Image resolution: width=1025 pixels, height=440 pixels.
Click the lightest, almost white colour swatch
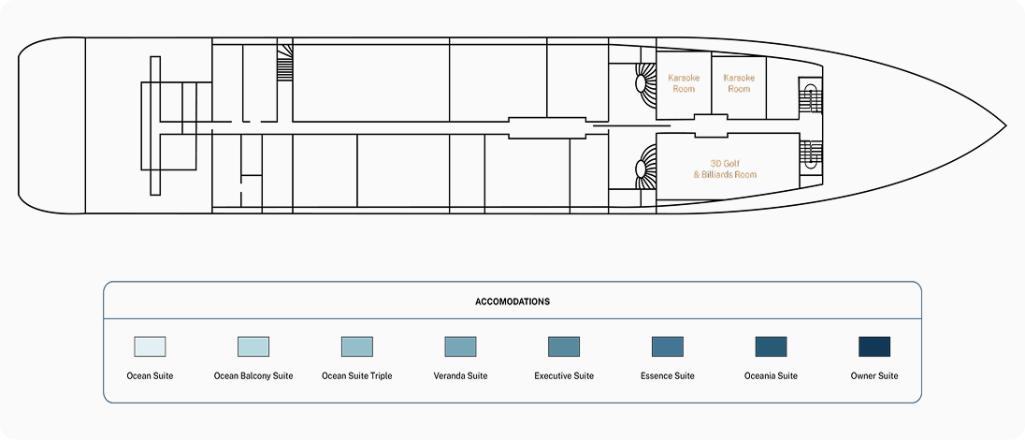[x=150, y=346]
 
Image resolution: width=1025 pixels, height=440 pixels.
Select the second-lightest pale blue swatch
[x=253, y=346]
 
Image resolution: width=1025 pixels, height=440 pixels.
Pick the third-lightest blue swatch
[x=357, y=346]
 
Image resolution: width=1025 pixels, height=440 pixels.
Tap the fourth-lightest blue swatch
[x=460, y=346]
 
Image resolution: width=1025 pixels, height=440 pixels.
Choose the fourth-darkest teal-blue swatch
[x=564, y=346]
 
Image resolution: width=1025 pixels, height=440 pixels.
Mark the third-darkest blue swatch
[x=668, y=346]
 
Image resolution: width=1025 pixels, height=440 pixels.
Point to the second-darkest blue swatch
[x=771, y=346]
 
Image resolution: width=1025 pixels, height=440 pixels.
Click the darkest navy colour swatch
[x=874, y=346]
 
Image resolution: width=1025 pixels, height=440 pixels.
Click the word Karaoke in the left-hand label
[x=684, y=78]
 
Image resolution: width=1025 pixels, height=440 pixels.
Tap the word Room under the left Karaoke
[x=684, y=89]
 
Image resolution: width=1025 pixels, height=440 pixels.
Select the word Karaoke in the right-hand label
[x=739, y=78]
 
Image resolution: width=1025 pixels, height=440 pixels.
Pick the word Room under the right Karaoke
[x=739, y=89]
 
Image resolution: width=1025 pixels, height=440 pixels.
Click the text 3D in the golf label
[x=715, y=164]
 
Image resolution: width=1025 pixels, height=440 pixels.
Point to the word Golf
[x=731, y=164]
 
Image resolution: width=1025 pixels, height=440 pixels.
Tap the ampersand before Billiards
[x=697, y=175]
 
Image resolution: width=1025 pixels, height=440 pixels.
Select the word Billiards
[x=718, y=175]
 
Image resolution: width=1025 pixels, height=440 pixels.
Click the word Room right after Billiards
[x=746, y=175]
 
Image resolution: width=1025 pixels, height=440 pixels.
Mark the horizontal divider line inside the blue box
[x=512, y=318]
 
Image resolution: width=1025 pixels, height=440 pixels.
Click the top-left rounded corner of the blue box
[x=107, y=285]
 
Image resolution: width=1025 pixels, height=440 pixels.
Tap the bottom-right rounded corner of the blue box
[x=918, y=400]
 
